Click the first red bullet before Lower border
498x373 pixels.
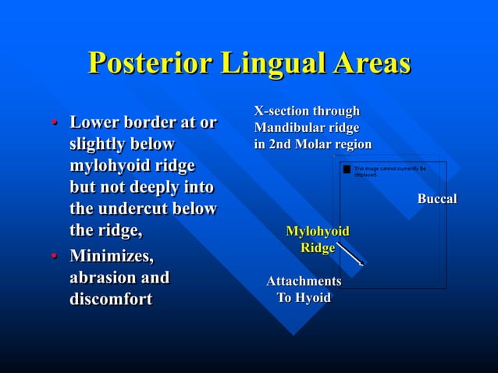(x=54, y=124)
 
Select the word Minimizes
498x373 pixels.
(x=112, y=256)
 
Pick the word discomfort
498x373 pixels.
(x=111, y=300)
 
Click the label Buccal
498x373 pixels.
(x=436, y=199)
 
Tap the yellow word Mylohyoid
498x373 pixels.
(x=317, y=231)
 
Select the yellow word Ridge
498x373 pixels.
(x=318, y=248)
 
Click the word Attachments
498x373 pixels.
(x=304, y=281)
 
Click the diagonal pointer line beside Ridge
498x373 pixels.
(x=349, y=254)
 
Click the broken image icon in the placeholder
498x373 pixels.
(x=347, y=169)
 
